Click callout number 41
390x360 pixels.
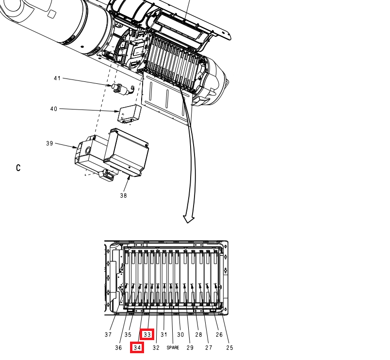(57, 78)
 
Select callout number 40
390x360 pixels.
(54, 109)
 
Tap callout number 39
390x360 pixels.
(49, 143)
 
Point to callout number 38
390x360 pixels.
(123, 196)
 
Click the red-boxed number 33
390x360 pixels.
(147, 334)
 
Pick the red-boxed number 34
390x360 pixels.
(137, 347)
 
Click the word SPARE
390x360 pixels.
(173, 347)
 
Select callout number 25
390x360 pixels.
(229, 348)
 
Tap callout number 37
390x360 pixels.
(108, 335)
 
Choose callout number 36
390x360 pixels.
(118, 348)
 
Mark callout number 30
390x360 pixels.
(180, 335)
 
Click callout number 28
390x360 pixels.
(198, 335)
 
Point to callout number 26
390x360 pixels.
(219, 335)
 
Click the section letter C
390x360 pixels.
(18, 168)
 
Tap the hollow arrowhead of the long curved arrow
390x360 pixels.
(189, 219)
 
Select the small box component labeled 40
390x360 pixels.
(130, 114)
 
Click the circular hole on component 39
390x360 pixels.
(88, 150)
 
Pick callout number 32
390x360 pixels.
(156, 348)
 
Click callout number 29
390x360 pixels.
(190, 348)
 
